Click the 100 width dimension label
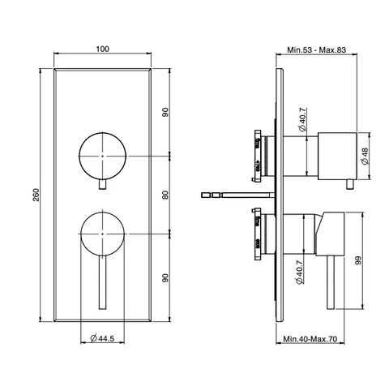click(103, 49)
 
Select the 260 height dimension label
click(36, 195)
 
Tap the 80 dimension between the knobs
click(165, 195)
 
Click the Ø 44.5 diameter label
click(102, 338)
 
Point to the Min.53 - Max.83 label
click(316, 50)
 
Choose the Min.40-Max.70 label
click(310, 339)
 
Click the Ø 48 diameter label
click(365, 157)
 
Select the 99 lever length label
click(358, 260)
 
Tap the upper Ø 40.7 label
click(302, 119)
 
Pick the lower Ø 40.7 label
click(299, 273)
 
